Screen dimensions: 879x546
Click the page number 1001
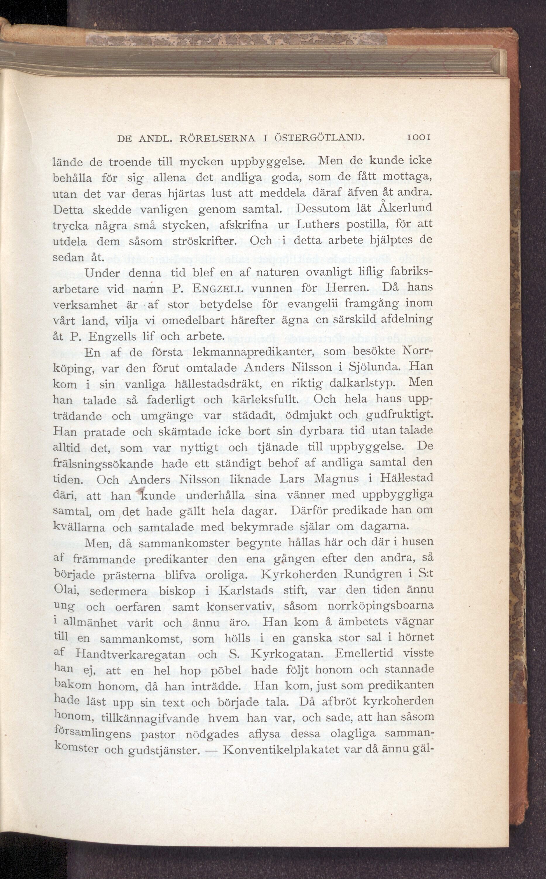coord(418,137)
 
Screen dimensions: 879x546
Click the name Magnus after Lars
coord(337,479)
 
